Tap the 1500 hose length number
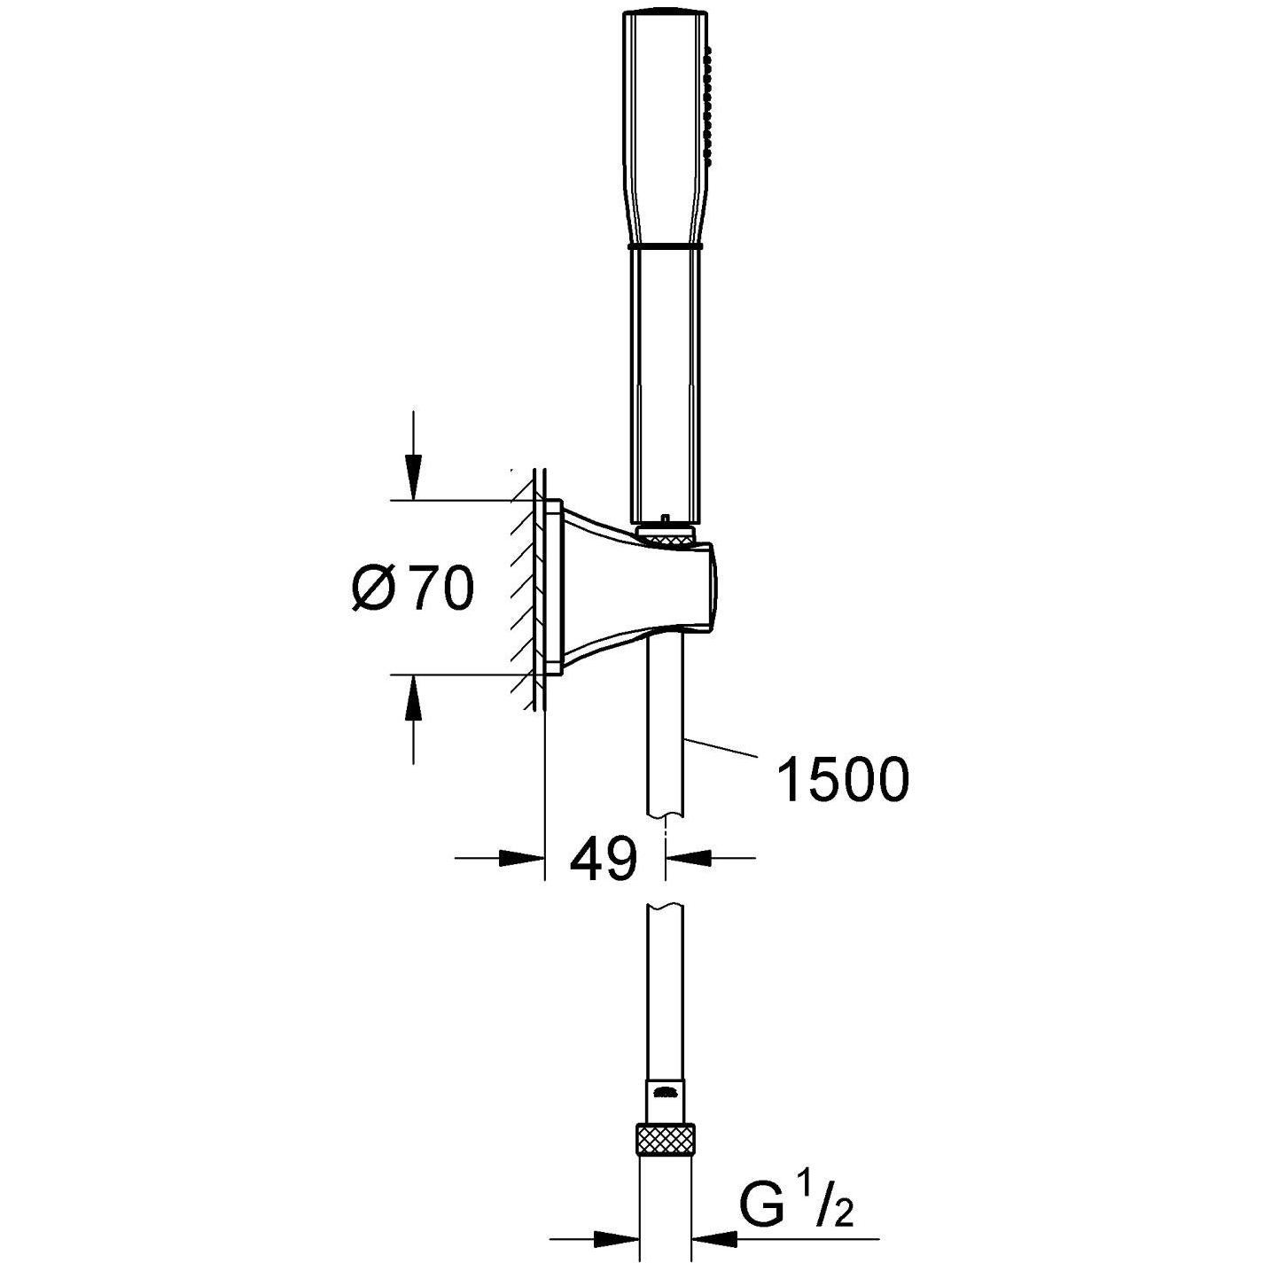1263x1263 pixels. (x=842, y=780)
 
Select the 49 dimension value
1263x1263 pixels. (x=603, y=858)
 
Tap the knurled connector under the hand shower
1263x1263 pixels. (x=667, y=535)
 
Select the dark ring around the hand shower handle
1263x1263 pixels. (x=665, y=244)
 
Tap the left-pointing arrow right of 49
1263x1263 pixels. (x=690, y=858)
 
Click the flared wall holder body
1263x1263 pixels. (x=612, y=585)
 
